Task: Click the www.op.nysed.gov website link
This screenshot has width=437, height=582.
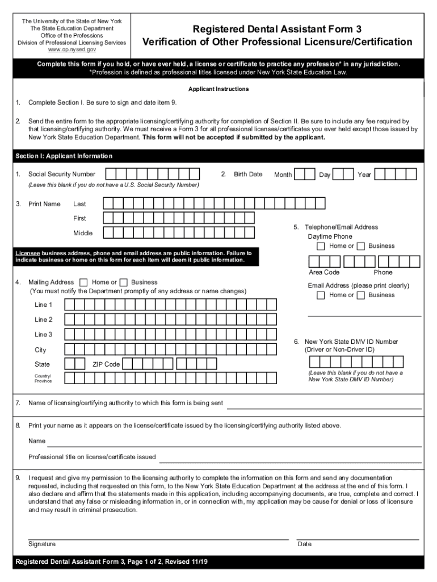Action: [72, 49]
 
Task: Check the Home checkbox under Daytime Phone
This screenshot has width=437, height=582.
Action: [321, 246]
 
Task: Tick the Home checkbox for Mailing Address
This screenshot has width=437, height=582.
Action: [84, 282]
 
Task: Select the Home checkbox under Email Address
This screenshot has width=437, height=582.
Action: [321, 295]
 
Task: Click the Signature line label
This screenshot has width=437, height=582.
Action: [42, 544]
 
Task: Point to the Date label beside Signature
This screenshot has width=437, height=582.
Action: [305, 544]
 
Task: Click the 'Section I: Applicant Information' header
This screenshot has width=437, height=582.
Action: [64, 156]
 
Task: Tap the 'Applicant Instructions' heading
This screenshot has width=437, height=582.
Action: [218, 89]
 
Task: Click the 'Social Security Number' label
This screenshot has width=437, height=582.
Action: [62, 174]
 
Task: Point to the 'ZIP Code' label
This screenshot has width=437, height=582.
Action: [106, 364]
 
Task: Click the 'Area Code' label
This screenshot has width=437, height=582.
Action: [324, 272]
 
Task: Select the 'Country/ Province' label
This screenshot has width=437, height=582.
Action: [43, 379]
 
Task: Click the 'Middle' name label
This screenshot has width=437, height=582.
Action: [83, 233]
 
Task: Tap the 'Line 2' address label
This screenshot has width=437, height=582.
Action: [43, 320]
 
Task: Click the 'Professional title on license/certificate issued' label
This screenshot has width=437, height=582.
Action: [92, 457]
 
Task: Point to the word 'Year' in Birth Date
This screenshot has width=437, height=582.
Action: [364, 174]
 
